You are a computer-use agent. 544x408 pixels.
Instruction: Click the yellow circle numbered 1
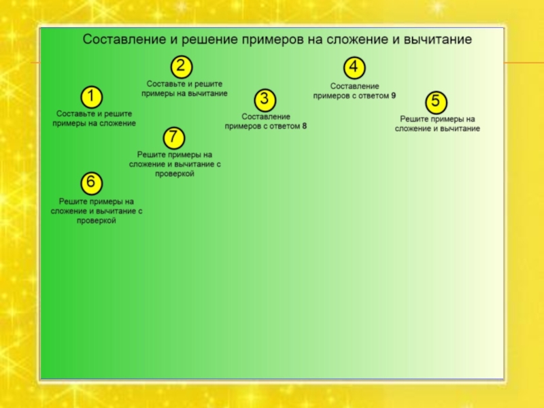92,96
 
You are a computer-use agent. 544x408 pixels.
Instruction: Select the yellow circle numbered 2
180,67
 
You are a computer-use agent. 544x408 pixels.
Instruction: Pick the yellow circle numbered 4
354,68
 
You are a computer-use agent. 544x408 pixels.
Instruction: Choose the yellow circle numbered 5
436,103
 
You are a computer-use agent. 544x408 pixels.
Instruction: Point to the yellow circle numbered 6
92,183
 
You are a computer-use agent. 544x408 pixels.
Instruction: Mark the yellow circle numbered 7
173,137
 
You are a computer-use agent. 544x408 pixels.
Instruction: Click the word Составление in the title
123,40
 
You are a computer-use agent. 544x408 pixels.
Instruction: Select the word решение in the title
209,40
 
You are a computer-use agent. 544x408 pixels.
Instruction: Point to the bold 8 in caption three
304,126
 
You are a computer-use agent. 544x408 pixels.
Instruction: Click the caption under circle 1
94,119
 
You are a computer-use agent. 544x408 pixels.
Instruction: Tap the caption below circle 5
437,124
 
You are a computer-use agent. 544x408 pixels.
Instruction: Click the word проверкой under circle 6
96,221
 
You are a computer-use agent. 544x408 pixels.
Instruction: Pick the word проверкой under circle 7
175,174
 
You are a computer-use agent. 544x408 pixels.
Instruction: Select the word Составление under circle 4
354,86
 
